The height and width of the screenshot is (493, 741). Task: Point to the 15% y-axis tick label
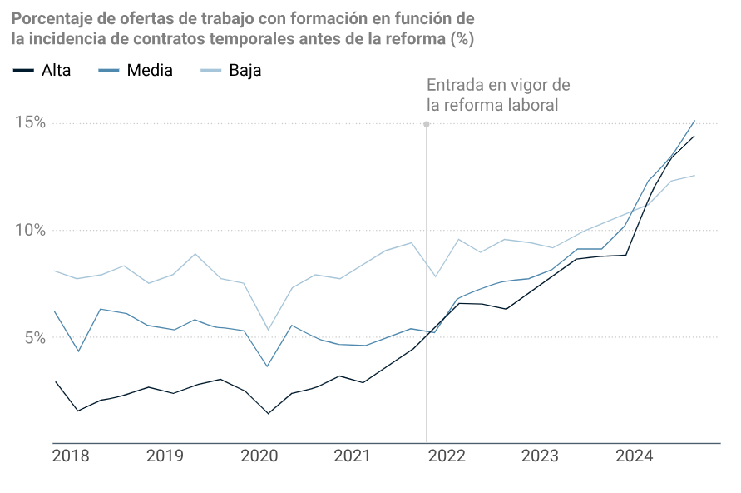[29, 123]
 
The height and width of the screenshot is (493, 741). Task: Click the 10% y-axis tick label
[29, 231]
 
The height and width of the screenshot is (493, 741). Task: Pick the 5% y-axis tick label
[34, 338]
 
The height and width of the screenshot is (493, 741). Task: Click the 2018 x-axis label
[71, 456]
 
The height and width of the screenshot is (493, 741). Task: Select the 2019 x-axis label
[165, 456]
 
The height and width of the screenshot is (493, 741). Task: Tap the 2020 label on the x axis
[259, 456]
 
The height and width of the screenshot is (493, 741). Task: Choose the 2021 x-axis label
[352, 456]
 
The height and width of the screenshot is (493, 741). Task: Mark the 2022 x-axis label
[446, 456]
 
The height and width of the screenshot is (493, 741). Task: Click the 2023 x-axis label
[540, 456]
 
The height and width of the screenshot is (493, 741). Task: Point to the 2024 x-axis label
[634, 456]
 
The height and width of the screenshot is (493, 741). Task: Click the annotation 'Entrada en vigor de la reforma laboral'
[497, 95]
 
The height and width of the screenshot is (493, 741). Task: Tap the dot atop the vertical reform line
[427, 124]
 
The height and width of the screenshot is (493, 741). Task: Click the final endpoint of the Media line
[694, 121]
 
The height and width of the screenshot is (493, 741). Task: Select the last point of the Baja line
[694, 175]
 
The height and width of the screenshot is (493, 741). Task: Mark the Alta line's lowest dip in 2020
[268, 413]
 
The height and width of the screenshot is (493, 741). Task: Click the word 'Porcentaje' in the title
[49, 18]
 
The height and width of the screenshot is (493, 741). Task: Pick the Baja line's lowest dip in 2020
[268, 330]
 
